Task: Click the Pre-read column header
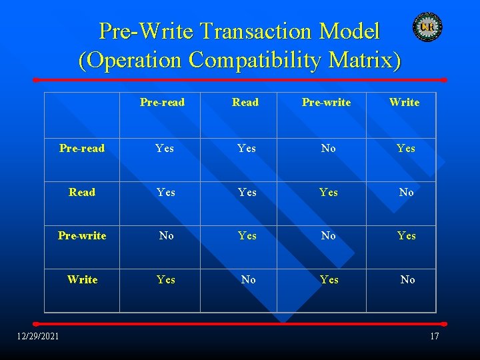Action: [x=162, y=102]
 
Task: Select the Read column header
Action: [x=245, y=102]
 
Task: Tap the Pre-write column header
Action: [x=326, y=102]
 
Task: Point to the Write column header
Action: [x=404, y=102]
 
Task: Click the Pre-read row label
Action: [x=82, y=149]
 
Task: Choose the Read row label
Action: [x=82, y=192]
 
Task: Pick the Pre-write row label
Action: [x=82, y=235]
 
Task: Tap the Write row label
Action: [x=82, y=279]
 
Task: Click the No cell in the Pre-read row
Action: [x=328, y=149]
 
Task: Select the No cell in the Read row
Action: [x=406, y=192]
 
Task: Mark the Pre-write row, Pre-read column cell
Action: [x=166, y=236]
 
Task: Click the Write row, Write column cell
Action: [x=407, y=280]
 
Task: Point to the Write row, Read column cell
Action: [x=248, y=280]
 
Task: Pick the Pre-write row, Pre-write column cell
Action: [x=328, y=236]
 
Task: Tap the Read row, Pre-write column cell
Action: [x=328, y=192]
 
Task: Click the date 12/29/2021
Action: [x=38, y=335]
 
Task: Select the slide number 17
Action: [x=434, y=336]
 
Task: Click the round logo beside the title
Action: [x=427, y=27]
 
